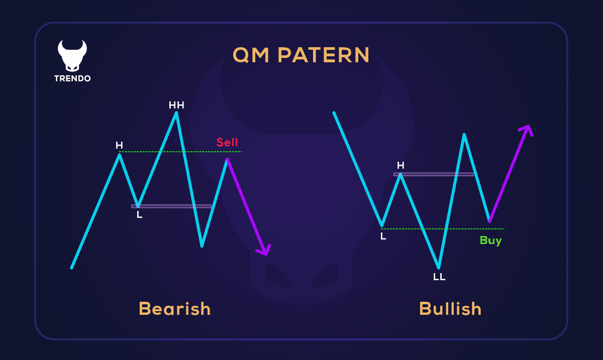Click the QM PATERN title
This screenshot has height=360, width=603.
tap(301, 55)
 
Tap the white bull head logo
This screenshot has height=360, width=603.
tap(72, 55)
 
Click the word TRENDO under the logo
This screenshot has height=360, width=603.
tap(72, 79)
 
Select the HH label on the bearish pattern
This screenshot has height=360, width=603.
tap(176, 105)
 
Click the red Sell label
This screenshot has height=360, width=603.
tap(227, 142)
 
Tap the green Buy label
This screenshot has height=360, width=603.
tap(490, 241)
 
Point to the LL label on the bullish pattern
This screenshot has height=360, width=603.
tap(439, 277)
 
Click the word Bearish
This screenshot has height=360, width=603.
tap(174, 308)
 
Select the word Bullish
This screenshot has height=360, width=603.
tap(450, 308)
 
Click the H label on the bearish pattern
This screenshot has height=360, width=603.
tap(119, 146)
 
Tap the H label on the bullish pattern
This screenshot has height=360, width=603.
tap(400, 165)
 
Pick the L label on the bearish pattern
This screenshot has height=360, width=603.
tap(140, 215)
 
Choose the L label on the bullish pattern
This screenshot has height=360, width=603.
tap(383, 236)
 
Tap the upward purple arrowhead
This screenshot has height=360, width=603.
tap(526, 130)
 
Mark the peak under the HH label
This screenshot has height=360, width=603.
tap(176, 113)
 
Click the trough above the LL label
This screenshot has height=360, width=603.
tap(439, 267)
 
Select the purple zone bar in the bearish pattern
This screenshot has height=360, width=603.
tap(171, 206)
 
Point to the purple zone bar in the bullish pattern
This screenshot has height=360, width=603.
tap(434, 174)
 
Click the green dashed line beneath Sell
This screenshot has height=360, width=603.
tap(201, 152)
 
